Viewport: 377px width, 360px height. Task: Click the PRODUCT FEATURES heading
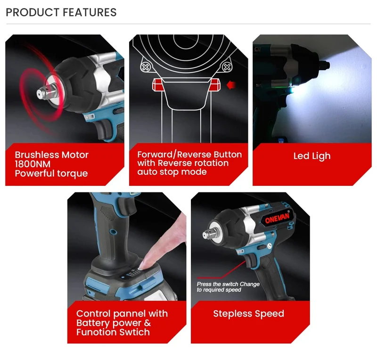[61, 12]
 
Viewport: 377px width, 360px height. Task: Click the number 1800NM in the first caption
[33, 164]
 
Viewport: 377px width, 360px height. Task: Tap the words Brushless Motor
[52, 155]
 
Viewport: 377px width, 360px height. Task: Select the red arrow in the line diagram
[231, 85]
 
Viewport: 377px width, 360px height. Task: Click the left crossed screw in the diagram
[145, 67]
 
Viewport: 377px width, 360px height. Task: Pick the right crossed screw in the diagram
[227, 67]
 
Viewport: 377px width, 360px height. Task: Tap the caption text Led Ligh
[312, 156]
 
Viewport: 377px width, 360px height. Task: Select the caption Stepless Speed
[249, 313]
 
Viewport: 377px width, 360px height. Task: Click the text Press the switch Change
[228, 284]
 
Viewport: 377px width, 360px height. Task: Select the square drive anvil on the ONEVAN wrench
[207, 234]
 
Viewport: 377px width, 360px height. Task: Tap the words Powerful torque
[51, 173]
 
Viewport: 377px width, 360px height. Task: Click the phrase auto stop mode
[172, 172]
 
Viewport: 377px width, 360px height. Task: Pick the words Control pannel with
[122, 313]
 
